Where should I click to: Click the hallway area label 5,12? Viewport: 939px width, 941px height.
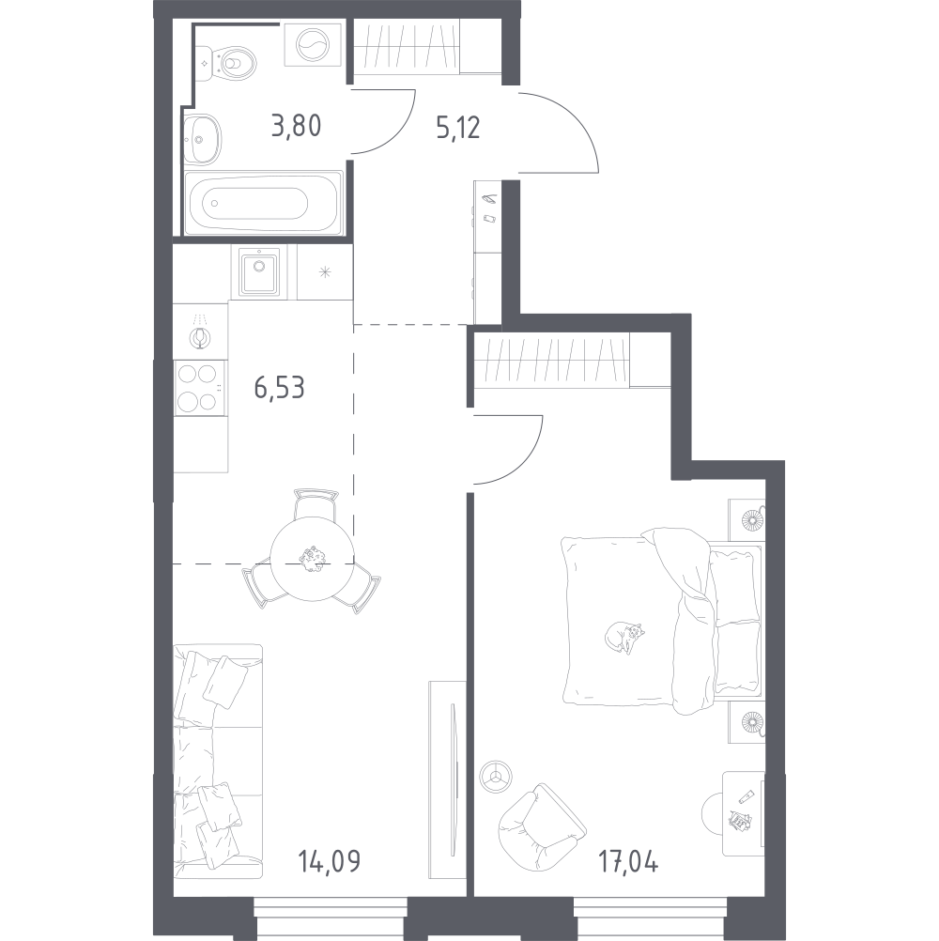[457, 127]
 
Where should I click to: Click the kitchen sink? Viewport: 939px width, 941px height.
[256, 271]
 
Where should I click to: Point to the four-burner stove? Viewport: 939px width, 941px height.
[200, 388]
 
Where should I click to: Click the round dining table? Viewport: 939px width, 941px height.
[312, 560]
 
